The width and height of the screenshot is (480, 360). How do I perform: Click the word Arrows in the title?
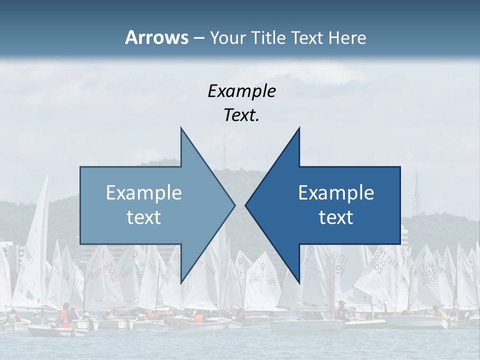tap(156, 37)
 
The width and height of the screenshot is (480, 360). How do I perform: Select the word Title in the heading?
tap(271, 38)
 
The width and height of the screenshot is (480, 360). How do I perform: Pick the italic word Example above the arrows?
tap(241, 91)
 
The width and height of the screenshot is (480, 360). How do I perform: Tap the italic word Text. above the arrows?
tap(241, 115)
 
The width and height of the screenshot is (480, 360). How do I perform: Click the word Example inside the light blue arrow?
tap(143, 193)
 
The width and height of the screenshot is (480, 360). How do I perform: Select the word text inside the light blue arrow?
tap(143, 217)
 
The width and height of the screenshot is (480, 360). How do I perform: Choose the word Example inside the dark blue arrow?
tap(336, 193)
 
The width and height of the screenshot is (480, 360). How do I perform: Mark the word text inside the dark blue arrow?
tap(336, 217)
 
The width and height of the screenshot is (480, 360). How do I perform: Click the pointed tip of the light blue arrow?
tap(234, 205)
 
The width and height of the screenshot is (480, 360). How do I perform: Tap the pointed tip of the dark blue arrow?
tap(245, 205)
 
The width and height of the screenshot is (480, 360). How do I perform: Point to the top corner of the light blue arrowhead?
tap(181, 128)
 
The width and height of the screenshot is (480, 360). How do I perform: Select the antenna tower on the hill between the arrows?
tap(224, 150)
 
